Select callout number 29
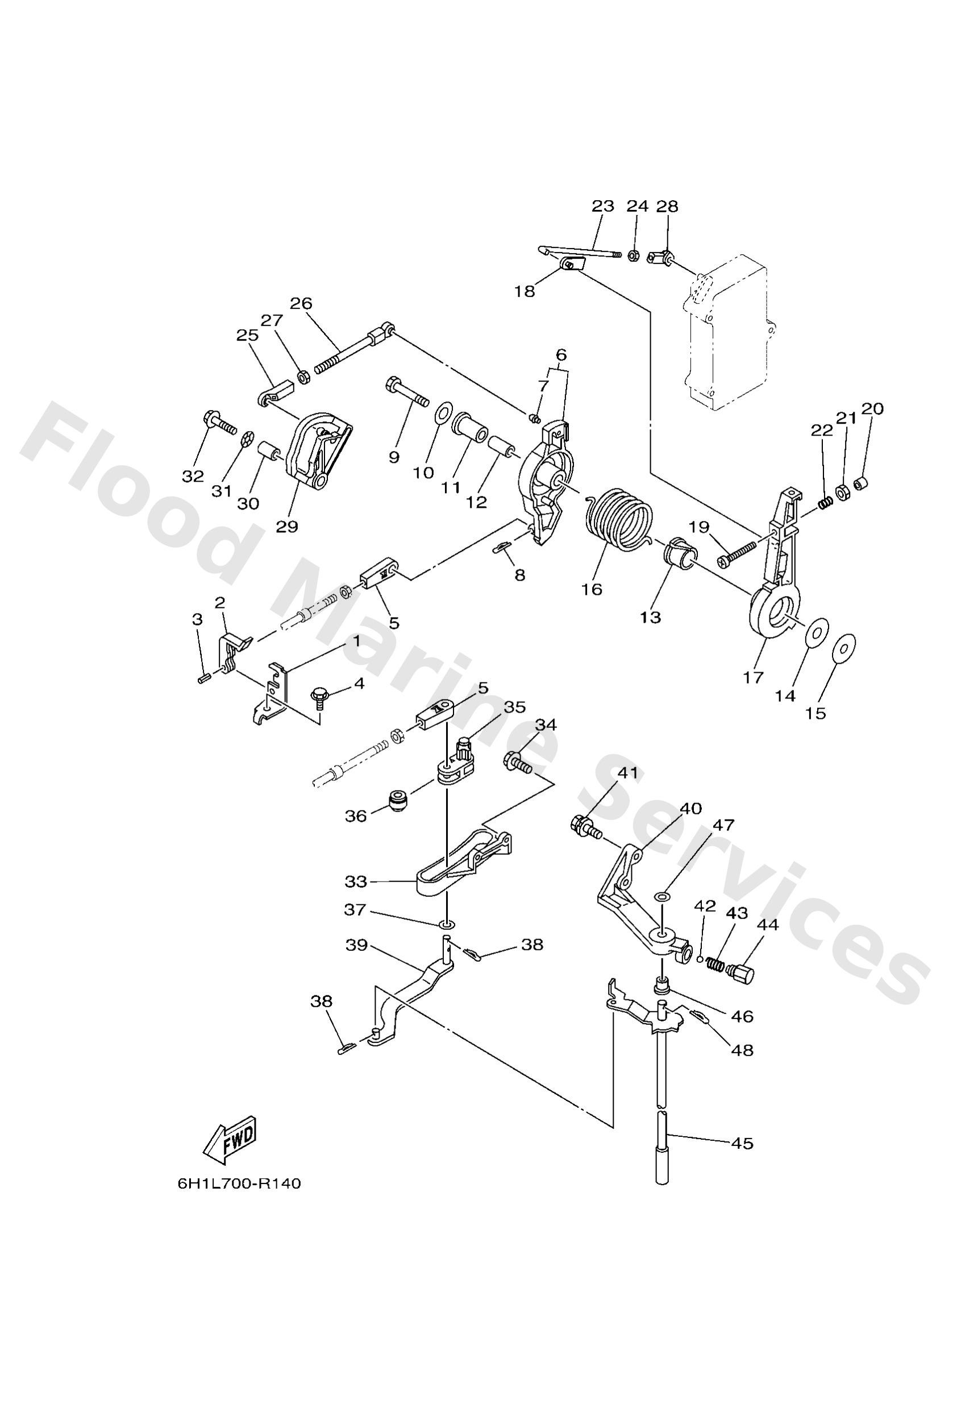[x=287, y=526]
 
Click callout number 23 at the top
[x=602, y=206]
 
